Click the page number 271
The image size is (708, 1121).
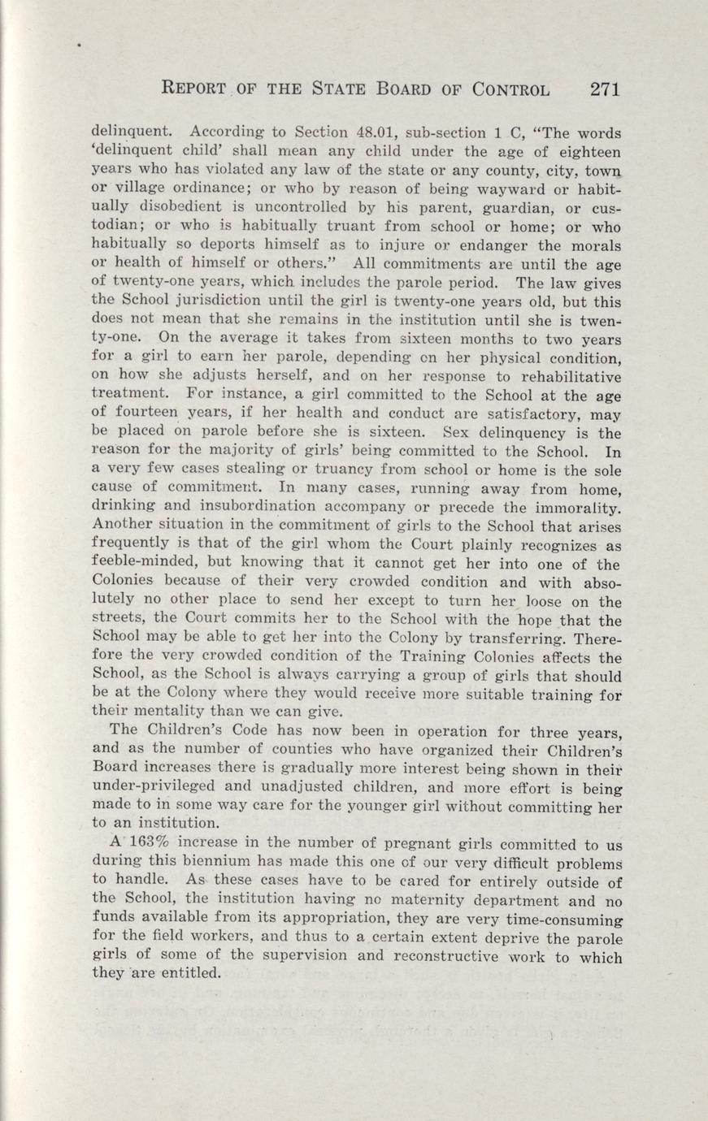(x=606, y=89)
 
